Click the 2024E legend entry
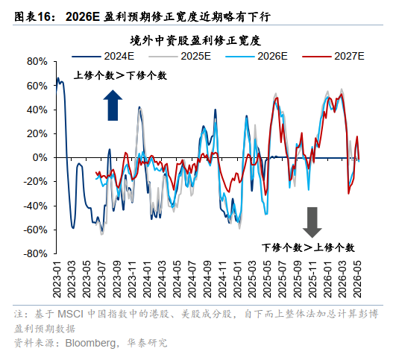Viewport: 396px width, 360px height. click(x=103, y=56)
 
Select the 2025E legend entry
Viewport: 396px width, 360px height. click(x=180, y=56)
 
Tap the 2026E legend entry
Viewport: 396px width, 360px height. click(x=257, y=56)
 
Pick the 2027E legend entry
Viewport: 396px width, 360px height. click(x=333, y=56)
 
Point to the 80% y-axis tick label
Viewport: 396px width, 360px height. click(x=37, y=62)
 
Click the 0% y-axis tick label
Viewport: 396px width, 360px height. click(x=40, y=158)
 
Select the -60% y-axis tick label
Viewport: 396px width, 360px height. click(x=35, y=230)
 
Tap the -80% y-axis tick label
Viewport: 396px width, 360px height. click(x=35, y=253)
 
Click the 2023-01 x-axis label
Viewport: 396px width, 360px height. click(x=57, y=280)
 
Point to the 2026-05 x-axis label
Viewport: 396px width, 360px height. click(x=357, y=280)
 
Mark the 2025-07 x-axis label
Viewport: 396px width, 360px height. click(x=283, y=280)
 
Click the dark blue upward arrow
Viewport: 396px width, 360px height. click(x=113, y=105)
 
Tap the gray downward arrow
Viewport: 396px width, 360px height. click(x=312, y=222)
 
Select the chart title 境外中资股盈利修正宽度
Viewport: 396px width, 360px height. click(x=195, y=41)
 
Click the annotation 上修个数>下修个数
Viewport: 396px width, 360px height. click(x=120, y=75)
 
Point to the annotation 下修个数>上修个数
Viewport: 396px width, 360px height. click(x=308, y=247)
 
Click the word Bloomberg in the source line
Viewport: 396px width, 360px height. click(x=91, y=343)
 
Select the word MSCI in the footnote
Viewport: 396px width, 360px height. click(x=70, y=314)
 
